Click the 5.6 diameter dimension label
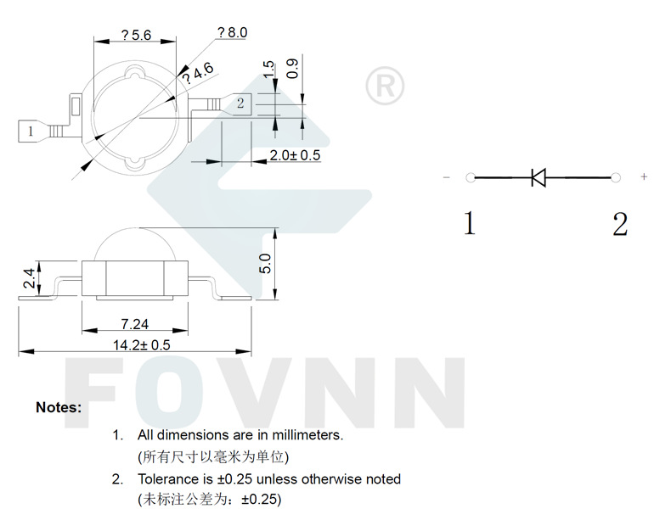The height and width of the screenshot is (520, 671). click(136, 35)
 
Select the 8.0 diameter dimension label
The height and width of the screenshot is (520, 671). click(233, 32)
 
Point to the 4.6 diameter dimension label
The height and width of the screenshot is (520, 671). click(198, 73)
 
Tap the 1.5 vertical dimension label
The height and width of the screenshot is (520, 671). click(268, 70)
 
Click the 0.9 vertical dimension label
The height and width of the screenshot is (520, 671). click(293, 69)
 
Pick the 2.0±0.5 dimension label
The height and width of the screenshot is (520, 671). click(295, 155)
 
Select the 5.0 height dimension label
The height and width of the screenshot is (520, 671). click(265, 263)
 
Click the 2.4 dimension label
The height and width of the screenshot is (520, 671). click(29, 277)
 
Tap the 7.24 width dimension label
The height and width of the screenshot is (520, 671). click(135, 324)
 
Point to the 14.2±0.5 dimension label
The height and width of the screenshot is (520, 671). click(142, 344)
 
